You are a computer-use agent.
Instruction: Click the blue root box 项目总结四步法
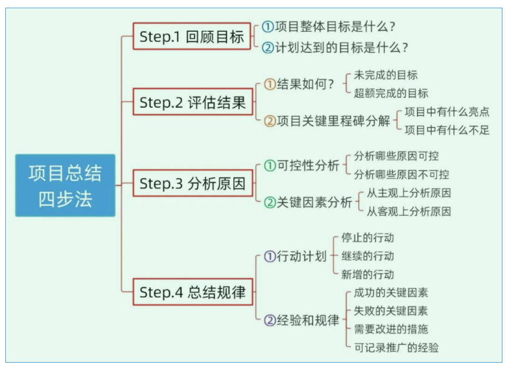click(x=65, y=186)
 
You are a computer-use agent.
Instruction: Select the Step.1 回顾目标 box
click(x=192, y=37)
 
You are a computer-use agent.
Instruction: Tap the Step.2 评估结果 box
click(x=193, y=102)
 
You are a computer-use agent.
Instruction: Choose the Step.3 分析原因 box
click(x=193, y=183)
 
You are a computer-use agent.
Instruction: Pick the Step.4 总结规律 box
click(x=193, y=292)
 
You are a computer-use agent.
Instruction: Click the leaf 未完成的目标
click(x=386, y=75)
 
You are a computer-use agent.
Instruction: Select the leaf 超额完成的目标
click(x=391, y=93)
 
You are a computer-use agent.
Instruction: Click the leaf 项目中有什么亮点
click(x=446, y=112)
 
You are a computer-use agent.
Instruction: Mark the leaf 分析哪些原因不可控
click(x=401, y=175)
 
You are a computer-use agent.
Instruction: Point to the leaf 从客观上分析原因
click(x=409, y=211)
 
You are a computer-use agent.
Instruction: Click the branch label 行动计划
click(x=301, y=257)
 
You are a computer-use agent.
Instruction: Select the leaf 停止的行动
click(x=367, y=238)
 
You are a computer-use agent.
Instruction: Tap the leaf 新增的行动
click(x=367, y=274)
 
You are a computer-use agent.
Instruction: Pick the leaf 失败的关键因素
click(x=391, y=311)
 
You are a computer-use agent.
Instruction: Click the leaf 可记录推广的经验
click(x=396, y=347)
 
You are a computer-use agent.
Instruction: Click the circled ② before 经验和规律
click(x=270, y=321)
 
